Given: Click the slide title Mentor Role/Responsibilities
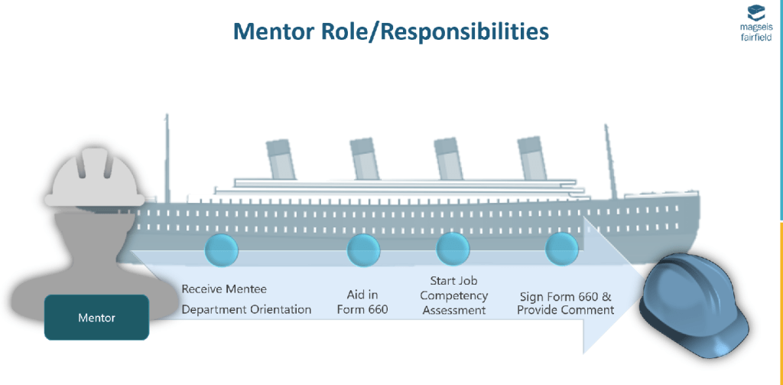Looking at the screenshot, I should [x=391, y=31].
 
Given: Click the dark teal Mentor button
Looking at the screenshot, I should [x=96, y=317].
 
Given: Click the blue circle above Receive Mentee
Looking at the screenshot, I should [x=223, y=250].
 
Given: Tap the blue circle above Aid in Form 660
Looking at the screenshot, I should [x=364, y=250].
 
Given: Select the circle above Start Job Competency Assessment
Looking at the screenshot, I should [x=453, y=250].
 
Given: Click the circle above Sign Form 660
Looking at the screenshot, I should [x=562, y=250].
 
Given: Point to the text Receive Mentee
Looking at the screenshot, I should [x=224, y=290].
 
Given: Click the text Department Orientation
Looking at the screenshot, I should [x=246, y=310].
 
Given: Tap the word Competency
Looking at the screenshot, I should [x=453, y=295].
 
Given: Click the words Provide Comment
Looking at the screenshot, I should [x=566, y=310].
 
